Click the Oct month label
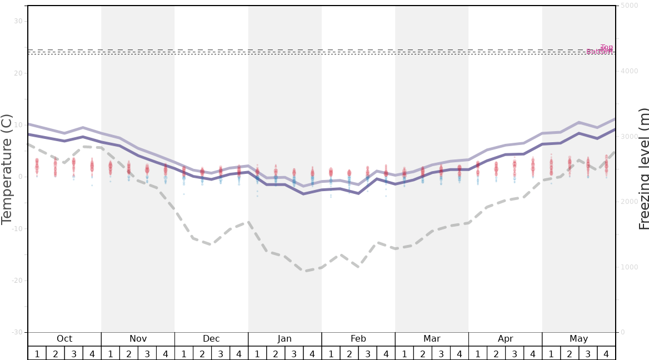64,339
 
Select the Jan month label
284,339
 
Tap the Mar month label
432,339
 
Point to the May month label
578,339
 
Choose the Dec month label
211,339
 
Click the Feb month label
358,339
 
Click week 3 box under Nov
147,354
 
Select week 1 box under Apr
478,354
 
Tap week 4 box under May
606,354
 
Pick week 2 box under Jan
276,354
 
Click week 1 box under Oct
37,354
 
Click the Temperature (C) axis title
7,169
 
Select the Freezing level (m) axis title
644,169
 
